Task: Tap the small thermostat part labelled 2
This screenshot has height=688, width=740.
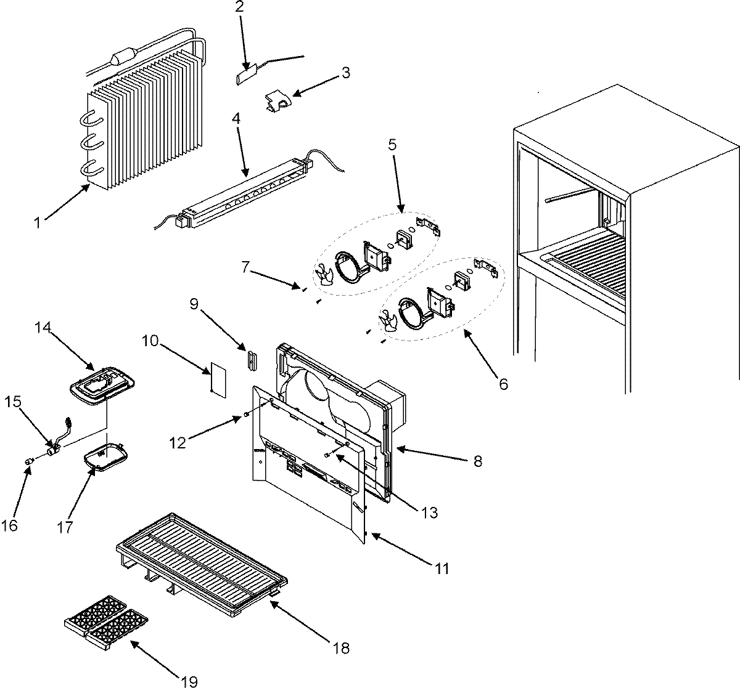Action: (247, 77)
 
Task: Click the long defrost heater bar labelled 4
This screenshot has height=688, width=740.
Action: (247, 192)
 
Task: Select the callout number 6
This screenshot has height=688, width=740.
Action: (503, 384)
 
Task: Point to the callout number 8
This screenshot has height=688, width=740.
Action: (479, 460)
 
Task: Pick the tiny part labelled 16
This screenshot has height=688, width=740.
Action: (28, 461)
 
